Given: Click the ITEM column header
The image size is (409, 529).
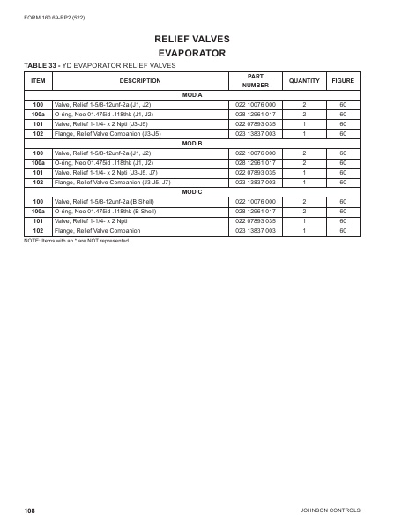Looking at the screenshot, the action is coord(39,81).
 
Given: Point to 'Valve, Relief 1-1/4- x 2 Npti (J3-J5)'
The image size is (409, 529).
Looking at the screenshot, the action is coord(102,123).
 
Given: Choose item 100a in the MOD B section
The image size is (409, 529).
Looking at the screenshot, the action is coord(39,162).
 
